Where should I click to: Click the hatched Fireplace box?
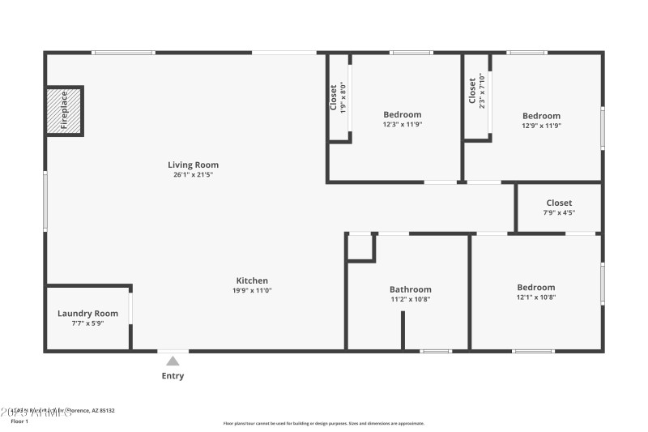tap(64, 109)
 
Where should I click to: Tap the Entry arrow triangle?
tap(173, 361)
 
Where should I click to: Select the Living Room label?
tap(193, 165)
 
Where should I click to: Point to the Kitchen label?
tap(252, 280)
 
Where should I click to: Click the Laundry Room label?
tap(87, 314)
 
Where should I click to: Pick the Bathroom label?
tap(410, 289)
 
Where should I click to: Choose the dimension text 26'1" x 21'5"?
tap(193, 174)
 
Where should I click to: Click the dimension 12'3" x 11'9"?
tap(403, 125)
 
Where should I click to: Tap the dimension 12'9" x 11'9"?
tap(541, 126)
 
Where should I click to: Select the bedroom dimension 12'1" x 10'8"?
tap(536, 297)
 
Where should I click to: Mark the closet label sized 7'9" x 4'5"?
tap(559, 203)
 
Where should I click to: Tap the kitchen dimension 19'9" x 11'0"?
tap(252, 290)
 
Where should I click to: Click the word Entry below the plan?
tap(173, 376)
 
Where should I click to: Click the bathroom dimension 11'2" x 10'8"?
tap(410, 299)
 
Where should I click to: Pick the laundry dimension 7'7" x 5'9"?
tap(87, 323)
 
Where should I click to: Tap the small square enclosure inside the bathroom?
tap(360, 248)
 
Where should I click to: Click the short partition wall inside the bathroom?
tap(403, 330)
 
